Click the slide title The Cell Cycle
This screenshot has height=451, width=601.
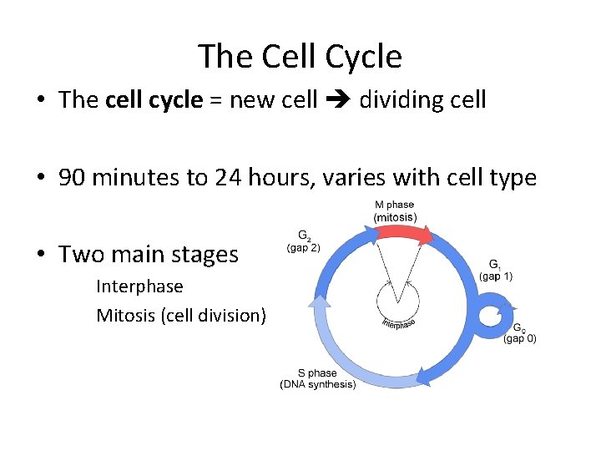pos(300,57)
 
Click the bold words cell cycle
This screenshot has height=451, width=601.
pos(154,100)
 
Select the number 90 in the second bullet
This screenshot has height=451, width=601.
pos(73,178)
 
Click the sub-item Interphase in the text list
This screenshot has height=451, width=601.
pos(139,286)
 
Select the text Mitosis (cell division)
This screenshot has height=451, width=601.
pos(181,315)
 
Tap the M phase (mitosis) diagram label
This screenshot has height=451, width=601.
pos(395,211)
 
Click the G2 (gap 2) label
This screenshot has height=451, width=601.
pos(303,241)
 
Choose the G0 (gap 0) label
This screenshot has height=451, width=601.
pos(520,333)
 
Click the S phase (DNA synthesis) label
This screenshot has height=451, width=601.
pos(317,378)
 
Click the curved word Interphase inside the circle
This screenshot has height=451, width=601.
pos(398,323)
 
